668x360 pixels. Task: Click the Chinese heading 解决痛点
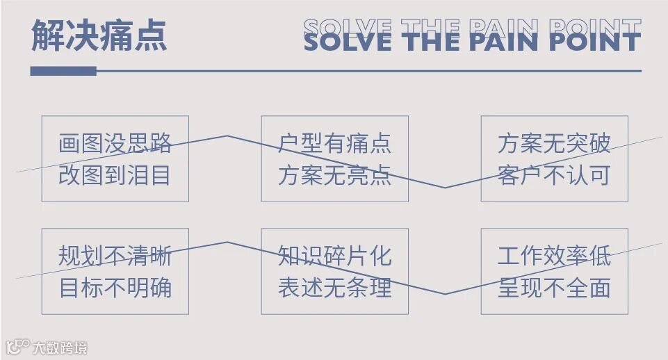point(99,35)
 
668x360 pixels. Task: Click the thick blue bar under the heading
point(63,71)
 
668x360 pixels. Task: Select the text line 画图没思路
point(115,144)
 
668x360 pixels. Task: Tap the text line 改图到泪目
point(115,174)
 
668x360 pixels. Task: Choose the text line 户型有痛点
point(334,144)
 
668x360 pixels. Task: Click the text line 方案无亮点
point(334,174)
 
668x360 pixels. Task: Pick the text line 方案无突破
point(554,144)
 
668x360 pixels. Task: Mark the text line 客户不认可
point(554,174)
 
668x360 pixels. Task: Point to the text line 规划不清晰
point(115,256)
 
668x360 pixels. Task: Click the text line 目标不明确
point(115,287)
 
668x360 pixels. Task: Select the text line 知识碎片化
point(334,256)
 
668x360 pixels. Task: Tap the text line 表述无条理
point(334,287)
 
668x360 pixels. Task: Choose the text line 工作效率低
point(554,256)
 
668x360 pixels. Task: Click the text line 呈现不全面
point(554,287)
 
